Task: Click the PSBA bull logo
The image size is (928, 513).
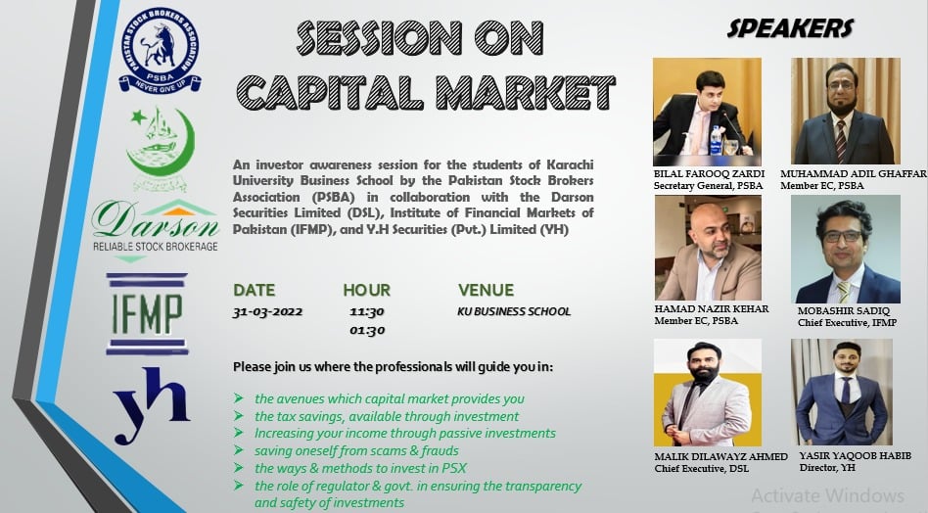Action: tap(160, 51)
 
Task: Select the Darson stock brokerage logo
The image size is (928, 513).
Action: tap(156, 230)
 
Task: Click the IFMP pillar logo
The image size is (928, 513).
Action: tap(147, 313)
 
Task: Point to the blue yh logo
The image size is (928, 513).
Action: tap(152, 405)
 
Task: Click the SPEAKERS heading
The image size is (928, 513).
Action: tap(790, 28)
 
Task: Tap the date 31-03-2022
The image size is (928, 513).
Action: tap(267, 312)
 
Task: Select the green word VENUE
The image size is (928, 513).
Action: tap(486, 290)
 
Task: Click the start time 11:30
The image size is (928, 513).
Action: tap(367, 312)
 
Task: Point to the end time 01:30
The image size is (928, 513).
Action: tap(367, 330)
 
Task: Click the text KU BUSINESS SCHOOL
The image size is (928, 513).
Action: tap(514, 311)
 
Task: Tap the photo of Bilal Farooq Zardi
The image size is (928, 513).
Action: tap(707, 112)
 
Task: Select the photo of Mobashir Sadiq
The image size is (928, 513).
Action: tap(846, 249)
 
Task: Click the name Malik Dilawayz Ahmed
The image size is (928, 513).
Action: tap(720, 457)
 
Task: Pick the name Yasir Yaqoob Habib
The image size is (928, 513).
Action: tap(856, 455)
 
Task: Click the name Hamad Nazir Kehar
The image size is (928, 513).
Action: tap(712, 308)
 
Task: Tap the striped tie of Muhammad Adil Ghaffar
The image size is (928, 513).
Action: tap(841, 141)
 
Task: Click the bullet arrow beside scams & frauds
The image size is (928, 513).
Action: tap(239, 450)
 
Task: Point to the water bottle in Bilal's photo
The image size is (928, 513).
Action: tap(717, 141)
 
